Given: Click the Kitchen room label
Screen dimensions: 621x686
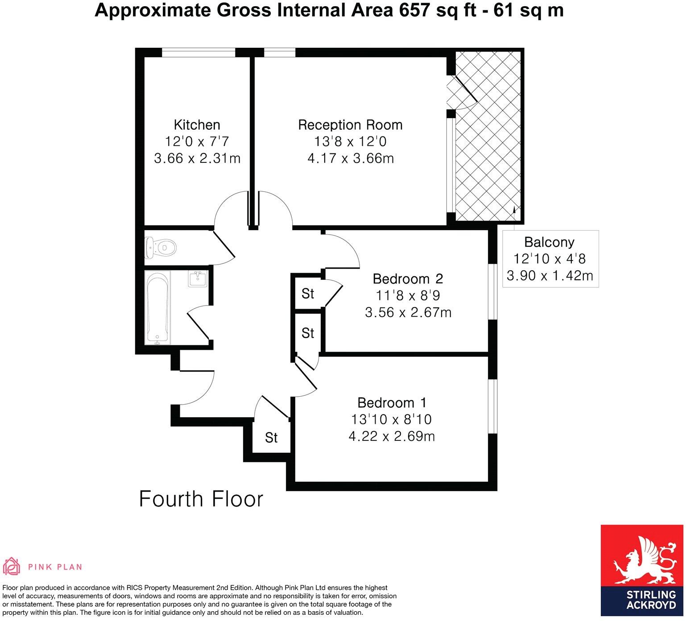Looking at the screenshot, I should (197, 125).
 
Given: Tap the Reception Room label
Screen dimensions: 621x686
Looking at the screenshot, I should (350, 125).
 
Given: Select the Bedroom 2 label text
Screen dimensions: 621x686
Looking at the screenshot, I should (408, 279).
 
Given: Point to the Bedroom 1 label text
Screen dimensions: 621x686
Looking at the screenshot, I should (392, 403).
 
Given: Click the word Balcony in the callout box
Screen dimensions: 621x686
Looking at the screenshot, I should (549, 242).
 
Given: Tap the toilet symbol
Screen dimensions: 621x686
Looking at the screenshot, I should (161, 247).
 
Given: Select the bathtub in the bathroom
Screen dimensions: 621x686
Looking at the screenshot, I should (158, 307).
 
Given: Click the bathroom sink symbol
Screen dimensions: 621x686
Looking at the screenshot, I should (197, 279).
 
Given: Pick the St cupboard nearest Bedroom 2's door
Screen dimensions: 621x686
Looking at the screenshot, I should (308, 294).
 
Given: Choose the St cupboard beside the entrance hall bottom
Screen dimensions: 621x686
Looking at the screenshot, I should (271, 438).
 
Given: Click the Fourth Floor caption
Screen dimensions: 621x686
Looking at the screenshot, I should (201, 499).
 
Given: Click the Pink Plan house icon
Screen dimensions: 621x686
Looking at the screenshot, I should (12, 567).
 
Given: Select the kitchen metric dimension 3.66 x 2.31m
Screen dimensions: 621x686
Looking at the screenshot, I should (197, 158).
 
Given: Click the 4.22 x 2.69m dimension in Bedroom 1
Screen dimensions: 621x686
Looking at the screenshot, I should (392, 436).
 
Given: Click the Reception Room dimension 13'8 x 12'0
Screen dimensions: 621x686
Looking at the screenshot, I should (350, 142).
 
